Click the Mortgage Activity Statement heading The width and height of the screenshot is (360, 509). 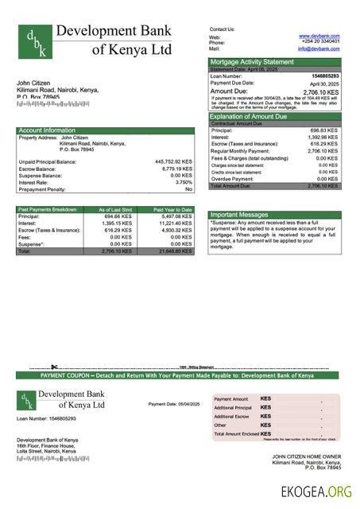coord(251,61)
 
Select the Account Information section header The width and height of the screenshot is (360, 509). coord(47,130)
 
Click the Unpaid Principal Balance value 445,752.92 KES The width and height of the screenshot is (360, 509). coord(173,161)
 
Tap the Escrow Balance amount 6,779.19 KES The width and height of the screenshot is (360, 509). coord(176,169)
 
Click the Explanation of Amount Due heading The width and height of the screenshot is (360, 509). coord(254,116)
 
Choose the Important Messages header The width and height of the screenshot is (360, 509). coord(240,215)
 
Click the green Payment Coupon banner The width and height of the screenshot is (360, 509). coord(177,375)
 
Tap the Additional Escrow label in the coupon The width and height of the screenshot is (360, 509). coord(232,416)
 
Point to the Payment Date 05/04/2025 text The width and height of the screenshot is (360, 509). coord(174,404)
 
